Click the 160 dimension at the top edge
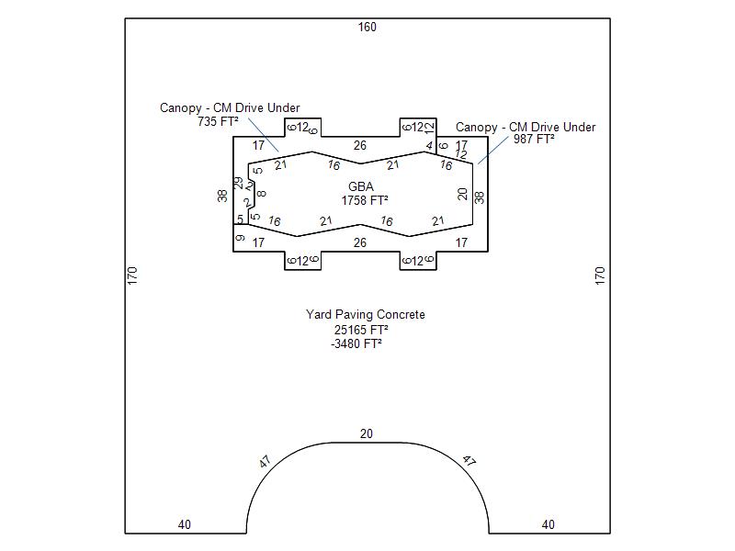point(367,28)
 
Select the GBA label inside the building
point(361,186)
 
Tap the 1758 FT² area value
point(365,200)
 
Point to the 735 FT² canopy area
point(218,121)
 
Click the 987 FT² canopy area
point(534,140)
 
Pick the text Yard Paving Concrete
point(366,314)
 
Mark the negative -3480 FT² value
point(356,343)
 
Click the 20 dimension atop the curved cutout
point(367,433)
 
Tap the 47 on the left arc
point(265,462)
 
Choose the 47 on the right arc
point(469,461)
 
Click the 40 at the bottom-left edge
point(185,524)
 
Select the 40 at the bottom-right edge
point(548,524)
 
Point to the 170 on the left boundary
point(132,275)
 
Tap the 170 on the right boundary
point(600,275)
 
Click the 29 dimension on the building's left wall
point(238,183)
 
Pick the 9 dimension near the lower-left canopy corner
point(240,238)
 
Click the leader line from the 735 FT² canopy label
point(264,134)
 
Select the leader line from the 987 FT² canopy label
point(493,150)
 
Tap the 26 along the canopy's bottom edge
point(360,242)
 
